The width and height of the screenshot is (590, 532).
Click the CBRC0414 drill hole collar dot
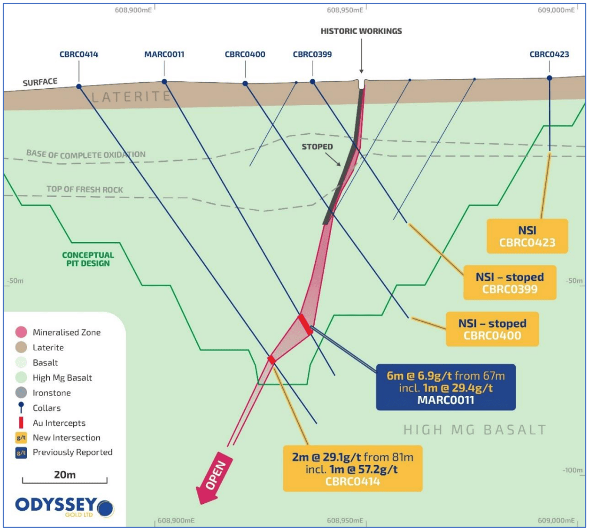[x=79, y=87]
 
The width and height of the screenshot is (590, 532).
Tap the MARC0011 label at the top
[x=164, y=54]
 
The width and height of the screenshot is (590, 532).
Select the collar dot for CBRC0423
[x=549, y=78]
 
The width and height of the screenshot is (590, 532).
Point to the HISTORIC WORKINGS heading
[x=361, y=31]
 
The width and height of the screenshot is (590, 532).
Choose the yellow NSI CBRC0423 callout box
[x=527, y=236]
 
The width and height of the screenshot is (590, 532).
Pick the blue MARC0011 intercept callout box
[x=446, y=387]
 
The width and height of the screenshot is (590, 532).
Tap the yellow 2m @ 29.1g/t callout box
[x=353, y=469]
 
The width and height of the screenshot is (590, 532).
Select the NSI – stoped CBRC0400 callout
[x=492, y=329]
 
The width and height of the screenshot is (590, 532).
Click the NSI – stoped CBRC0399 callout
[x=510, y=283]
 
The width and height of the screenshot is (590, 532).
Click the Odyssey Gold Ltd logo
[x=64, y=507]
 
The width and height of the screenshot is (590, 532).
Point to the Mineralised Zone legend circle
[x=21, y=332]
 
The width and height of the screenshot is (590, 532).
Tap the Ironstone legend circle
[x=21, y=393]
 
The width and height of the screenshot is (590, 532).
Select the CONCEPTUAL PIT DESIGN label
[x=88, y=259]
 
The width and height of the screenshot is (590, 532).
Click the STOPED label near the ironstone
[x=317, y=147]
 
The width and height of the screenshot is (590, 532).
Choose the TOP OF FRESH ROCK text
[x=85, y=189]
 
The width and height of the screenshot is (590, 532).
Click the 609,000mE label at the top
[x=556, y=10]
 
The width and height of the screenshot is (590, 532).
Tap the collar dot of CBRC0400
[x=245, y=83]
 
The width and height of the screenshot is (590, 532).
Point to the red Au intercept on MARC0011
[x=305, y=324]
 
